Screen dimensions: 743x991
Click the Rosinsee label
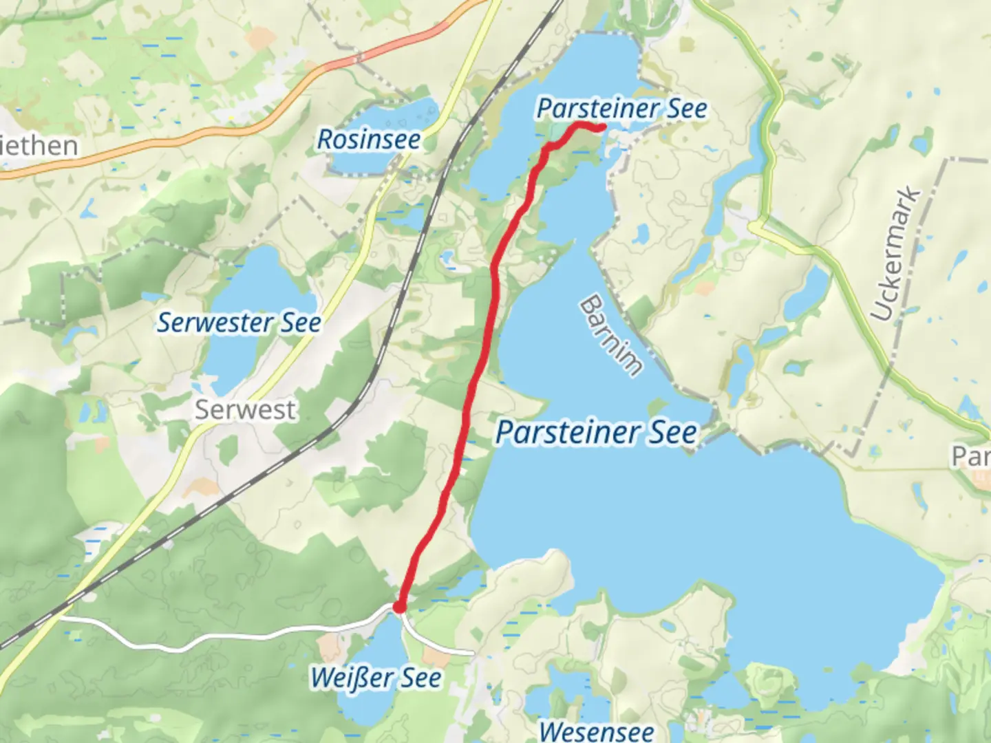(369, 140)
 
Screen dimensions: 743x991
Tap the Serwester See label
(239, 323)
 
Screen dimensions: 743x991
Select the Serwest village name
(245, 410)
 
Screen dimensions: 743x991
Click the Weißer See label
(376, 678)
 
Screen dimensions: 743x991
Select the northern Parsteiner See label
(621, 109)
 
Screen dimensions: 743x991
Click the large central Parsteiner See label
(596, 433)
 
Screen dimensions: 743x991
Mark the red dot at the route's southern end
(398, 607)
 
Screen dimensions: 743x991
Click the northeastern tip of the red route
(602, 127)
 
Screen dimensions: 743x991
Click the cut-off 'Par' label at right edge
(970, 455)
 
